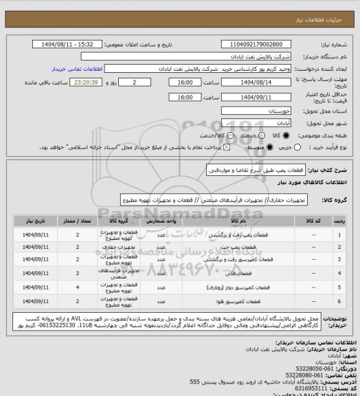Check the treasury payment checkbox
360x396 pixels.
click(x=221, y=146)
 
